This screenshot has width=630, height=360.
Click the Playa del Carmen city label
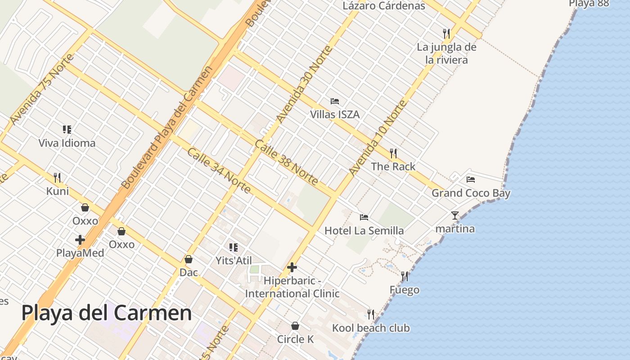tap(107, 313)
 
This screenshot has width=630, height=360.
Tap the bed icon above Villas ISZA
tap(334, 101)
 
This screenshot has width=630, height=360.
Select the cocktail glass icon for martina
tap(455, 216)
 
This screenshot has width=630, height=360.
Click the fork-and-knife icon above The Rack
tap(393, 153)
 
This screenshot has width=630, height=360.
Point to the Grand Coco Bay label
tap(471, 193)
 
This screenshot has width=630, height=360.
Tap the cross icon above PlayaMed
tap(80, 240)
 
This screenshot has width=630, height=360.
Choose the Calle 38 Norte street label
tap(286, 162)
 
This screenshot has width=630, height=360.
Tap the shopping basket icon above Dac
tap(189, 259)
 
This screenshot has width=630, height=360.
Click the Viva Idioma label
tap(67, 143)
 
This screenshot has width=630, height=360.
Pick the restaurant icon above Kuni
tap(57, 178)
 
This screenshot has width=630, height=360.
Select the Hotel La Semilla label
tap(364, 231)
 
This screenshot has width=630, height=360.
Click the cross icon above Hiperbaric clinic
tap(292, 268)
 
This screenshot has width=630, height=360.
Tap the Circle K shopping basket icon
tap(295, 326)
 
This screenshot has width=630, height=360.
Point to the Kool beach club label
tap(371, 328)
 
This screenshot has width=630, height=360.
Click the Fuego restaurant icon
tap(405, 276)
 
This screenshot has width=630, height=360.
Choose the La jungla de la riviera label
tap(446, 53)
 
